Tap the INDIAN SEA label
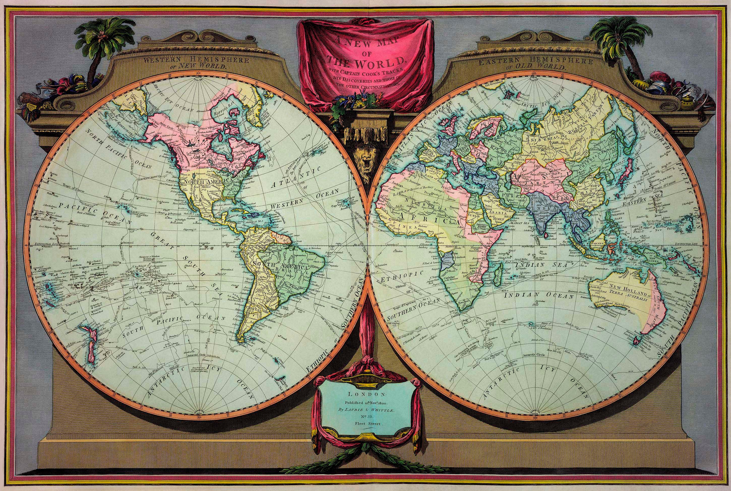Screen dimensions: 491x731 (541, 265)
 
